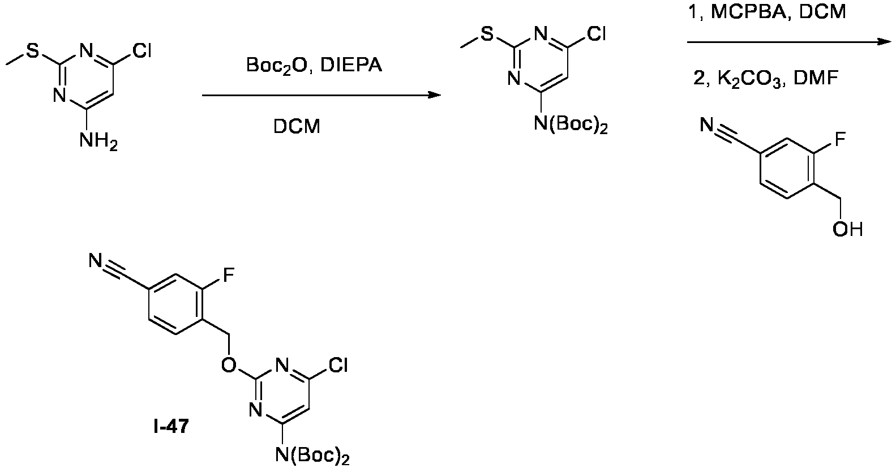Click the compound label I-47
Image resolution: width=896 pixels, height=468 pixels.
[171, 427]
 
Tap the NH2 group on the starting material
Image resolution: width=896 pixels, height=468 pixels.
[98, 141]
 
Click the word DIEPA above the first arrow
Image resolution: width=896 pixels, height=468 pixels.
[351, 65]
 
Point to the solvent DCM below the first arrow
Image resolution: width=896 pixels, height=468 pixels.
[297, 126]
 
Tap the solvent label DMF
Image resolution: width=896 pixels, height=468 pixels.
[816, 79]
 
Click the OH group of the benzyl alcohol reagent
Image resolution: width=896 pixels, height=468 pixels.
[847, 230]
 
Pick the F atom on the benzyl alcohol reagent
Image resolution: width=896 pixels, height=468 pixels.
[840, 139]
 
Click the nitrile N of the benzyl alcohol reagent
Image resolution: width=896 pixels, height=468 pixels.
[707, 126]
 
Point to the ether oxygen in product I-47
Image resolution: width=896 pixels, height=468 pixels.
[229, 365]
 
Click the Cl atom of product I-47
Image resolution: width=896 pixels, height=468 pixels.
[337, 365]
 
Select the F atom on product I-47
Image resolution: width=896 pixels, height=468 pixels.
[229, 275]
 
